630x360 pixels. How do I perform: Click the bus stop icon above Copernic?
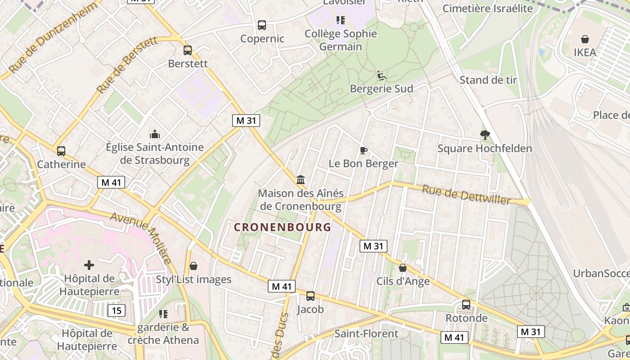[262, 25]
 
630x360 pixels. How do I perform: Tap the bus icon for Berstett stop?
[188, 50]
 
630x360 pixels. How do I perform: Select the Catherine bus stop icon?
[61, 151]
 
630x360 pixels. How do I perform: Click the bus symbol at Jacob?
[310, 296]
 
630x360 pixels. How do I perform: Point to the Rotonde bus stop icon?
[466, 305]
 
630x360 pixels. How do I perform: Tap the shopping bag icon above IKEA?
[585, 39]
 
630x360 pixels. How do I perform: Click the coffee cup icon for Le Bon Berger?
[364, 150]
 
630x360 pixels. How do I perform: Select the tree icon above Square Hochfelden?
[485, 135]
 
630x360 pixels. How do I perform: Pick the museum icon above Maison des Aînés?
[301, 180]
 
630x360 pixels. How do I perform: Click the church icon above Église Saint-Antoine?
[155, 134]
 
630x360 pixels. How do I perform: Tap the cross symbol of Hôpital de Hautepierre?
[89, 265]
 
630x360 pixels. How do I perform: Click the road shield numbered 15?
[117, 310]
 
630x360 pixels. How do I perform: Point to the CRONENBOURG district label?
[283, 227]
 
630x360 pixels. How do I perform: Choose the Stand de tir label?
[488, 80]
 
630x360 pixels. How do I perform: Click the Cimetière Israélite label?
[488, 8]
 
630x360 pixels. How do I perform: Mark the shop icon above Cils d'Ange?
[403, 268]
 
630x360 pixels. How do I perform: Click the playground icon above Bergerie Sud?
[381, 75]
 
